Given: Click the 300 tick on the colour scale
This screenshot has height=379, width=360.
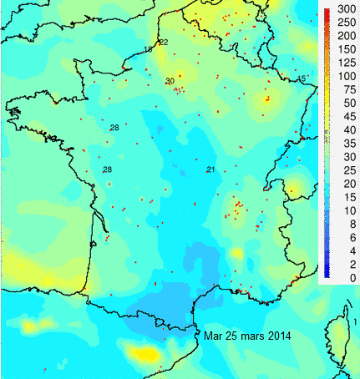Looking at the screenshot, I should (x=342, y=9).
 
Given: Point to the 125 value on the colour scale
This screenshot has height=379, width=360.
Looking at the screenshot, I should (x=342, y=63).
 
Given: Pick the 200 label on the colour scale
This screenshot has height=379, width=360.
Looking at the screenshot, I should (x=342, y=36).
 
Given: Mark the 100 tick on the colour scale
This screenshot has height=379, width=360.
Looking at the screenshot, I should (x=342, y=76).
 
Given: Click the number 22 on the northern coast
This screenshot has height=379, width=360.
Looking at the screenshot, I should (x=163, y=42).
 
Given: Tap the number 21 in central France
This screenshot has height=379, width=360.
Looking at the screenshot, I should (x=210, y=170).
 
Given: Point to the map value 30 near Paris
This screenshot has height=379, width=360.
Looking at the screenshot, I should (x=170, y=81).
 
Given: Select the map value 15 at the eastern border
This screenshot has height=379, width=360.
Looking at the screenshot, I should (x=302, y=78).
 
